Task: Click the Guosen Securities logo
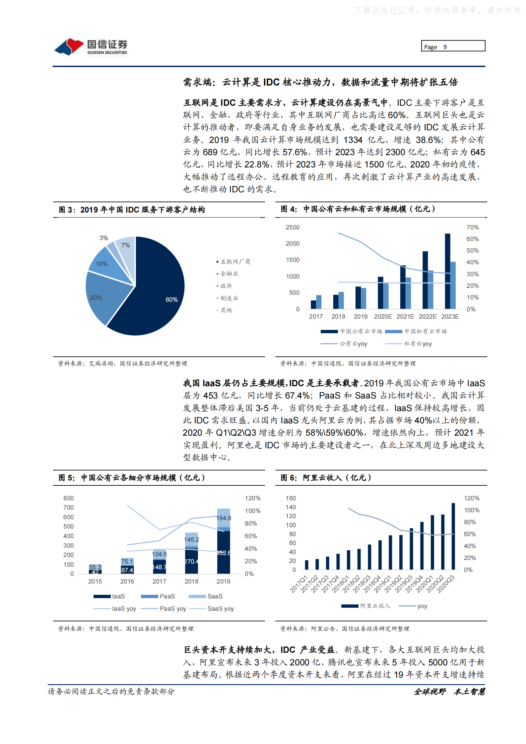click(x=91, y=47)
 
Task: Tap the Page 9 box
click(x=453, y=46)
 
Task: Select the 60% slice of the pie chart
click(x=159, y=292)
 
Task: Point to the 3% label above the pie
click(x=104, y=238)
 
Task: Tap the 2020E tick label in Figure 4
click(x=383, y=317)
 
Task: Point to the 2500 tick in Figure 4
click(x=293, y=227)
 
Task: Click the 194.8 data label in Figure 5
click(x=224, y=518)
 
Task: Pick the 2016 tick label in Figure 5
click(x=127, y=582)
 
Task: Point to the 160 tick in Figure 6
click(x=291, y=498)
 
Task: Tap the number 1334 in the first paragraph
click(x=353, y=140)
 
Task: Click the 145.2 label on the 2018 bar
click(x=191, y=540)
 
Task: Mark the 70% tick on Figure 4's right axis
click(x=472, y=227)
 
